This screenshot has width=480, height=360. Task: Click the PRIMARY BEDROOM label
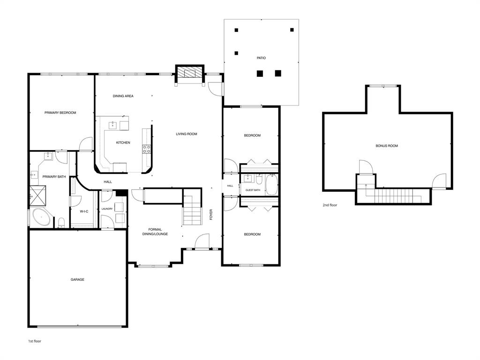60,112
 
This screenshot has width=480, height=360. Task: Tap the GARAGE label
77,280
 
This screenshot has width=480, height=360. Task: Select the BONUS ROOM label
387,146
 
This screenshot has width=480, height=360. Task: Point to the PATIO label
261,58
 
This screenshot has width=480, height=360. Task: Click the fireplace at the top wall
190,73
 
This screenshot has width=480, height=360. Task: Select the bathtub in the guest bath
271,185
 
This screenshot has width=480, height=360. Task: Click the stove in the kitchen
147,149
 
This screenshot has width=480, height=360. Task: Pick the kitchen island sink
113,125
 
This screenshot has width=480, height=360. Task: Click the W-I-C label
84,211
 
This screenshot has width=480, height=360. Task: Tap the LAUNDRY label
107,209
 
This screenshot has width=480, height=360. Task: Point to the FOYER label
211,215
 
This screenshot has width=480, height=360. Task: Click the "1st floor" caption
35,341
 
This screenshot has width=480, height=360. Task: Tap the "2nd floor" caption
330,205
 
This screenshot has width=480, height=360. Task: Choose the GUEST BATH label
253,190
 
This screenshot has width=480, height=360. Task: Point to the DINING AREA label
123,96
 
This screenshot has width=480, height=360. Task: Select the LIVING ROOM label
187,134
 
